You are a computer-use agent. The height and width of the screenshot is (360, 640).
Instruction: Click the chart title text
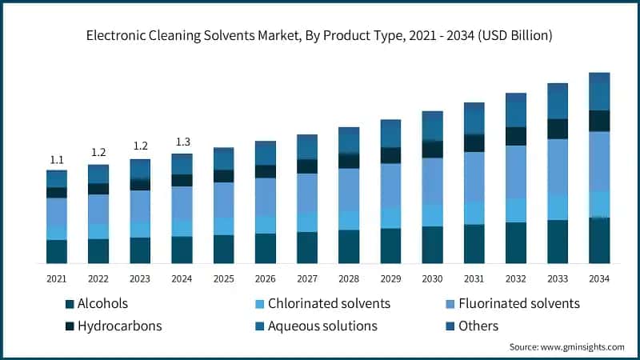point(320,36)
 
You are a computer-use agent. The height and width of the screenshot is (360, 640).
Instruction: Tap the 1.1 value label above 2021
point(57,160)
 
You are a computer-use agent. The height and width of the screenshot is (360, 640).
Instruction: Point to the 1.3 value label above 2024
point(182,142)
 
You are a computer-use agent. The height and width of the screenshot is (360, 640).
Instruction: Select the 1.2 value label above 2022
point(98,152)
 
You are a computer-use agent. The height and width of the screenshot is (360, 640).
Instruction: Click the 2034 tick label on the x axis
point(599,278)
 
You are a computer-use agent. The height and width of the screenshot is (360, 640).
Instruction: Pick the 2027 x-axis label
point(307,278)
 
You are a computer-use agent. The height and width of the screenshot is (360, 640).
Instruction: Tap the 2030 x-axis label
point(432,278)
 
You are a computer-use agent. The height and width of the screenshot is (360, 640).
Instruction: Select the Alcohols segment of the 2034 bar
point(599,240)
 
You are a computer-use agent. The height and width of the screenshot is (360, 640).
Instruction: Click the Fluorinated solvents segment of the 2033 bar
point(558,166)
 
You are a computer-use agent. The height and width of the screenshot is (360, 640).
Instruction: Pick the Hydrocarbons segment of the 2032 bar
point(516,136)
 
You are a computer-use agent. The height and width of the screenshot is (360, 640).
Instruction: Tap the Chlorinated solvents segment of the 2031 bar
point(474,213)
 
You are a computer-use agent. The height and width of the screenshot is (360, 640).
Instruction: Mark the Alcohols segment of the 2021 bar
point(57,251)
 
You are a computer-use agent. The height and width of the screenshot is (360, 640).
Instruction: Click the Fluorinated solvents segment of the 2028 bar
point(349,190)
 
